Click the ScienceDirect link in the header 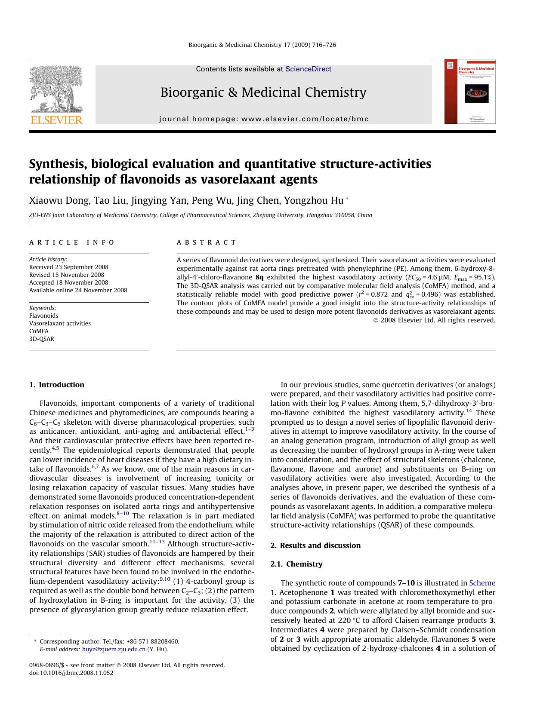pos(308,69)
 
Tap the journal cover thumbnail pos(469,92)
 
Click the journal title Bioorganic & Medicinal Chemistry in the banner pos(263,92)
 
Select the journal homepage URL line pos(263,119)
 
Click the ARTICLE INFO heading pos(72,242)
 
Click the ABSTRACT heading pos(207,242)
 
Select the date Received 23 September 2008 pos(69,267)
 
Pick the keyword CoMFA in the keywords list pos(39,331)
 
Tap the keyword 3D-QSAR pos(42,339)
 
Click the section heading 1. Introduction pos(57,385)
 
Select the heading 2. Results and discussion pos(315,546)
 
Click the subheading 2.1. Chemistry pos(296,564)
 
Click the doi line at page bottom pos(71,673)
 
